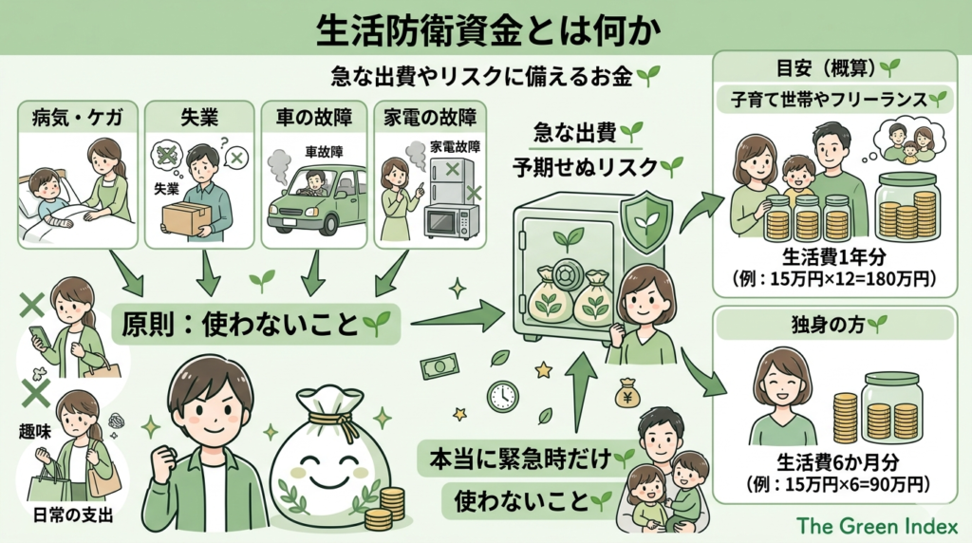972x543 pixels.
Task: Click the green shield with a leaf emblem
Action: pyautogui.click(x=645, y=222)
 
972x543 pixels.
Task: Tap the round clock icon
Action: pyautogui.click(x=502, y=395)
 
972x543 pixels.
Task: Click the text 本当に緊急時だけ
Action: pyautogui.click(x=517, y=459)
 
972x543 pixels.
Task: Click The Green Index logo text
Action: pyautogui.click(x=878, y=525)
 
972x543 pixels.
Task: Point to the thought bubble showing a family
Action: pyautogui.click(x=907, y=140)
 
